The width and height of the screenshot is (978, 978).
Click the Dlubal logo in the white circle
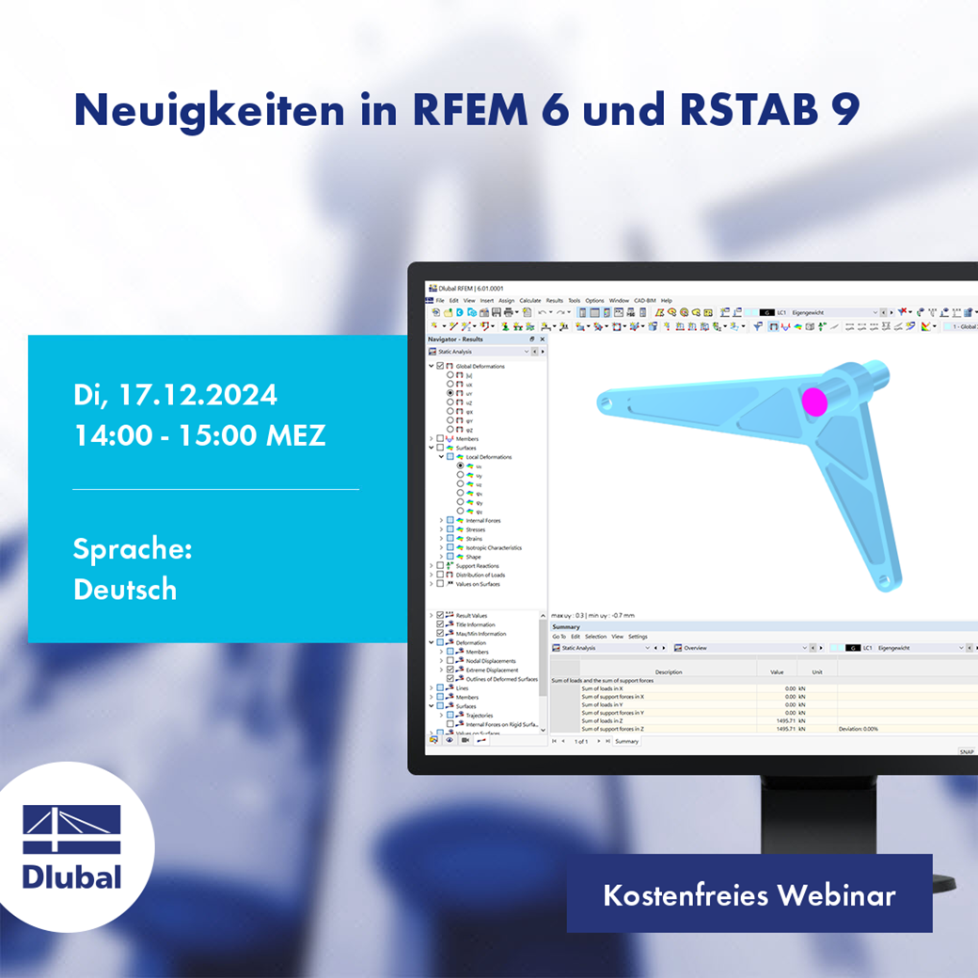click(72, 846)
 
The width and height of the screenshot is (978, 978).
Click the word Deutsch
click(125, 589)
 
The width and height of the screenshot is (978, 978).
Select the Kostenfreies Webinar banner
click(749, 894)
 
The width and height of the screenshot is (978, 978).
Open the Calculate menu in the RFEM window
click(530, 300)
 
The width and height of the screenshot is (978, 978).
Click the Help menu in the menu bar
click(666, 300)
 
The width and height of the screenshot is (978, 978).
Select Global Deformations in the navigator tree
click(480, 366)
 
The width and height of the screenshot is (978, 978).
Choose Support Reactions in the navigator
click(478, 566)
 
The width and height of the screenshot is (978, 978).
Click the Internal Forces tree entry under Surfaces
click(483, 520)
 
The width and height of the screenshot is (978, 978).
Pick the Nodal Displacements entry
click(491, 661)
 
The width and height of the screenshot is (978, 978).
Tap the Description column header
click(669, 671)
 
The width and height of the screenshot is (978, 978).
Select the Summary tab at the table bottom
click(626, 741)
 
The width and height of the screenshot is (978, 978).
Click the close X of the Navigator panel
click(542, 339)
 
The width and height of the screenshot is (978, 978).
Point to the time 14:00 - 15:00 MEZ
click(199, 436)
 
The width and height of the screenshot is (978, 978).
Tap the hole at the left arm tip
click(605, 402)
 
